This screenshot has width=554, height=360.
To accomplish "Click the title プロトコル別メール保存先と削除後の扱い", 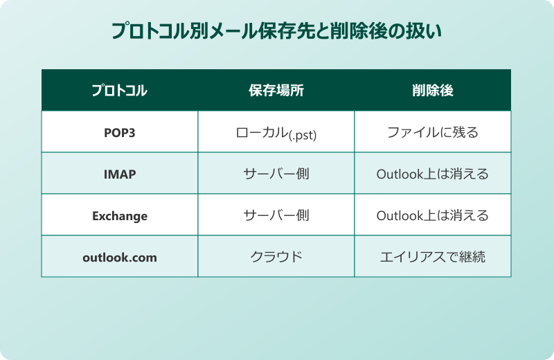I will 276,32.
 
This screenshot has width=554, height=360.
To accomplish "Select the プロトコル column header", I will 119,90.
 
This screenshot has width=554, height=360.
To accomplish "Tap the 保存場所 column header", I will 276,90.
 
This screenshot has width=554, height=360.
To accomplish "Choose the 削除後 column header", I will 432,90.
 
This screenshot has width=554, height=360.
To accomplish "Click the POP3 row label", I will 119,132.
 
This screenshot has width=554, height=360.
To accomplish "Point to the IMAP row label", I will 119,174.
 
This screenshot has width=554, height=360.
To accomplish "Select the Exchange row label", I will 119,215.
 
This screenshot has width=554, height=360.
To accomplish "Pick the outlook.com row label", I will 119,257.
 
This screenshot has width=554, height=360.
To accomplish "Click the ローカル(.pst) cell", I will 276,132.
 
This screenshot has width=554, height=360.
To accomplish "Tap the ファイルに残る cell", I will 432,132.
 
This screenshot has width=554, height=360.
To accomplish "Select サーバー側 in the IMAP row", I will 276,174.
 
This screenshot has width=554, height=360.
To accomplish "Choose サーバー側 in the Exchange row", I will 276,215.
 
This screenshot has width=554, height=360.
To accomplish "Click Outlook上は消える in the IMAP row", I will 432,174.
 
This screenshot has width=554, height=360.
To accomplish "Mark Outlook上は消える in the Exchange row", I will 432,215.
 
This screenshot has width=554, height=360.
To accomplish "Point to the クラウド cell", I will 276,257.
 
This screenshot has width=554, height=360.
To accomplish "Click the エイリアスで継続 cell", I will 432,257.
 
